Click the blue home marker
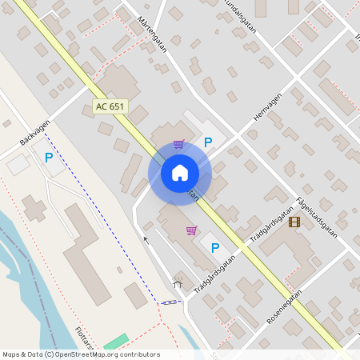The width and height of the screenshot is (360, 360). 179,172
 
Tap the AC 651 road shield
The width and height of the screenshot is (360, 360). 110,106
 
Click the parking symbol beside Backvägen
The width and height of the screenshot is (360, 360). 49,158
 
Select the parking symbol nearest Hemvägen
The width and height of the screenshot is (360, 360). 208,142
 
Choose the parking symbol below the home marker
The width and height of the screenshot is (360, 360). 214,248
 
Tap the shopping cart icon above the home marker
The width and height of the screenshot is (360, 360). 178,145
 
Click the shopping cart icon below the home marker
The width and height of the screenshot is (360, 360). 191,230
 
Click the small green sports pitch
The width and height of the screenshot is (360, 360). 116,342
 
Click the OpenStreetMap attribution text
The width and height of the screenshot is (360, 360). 81,354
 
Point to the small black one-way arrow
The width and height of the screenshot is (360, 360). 145,238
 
